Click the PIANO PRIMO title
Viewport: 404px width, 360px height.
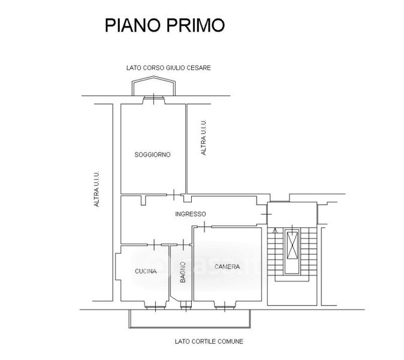click(165, 25)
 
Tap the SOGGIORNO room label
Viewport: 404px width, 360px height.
click(152, 155)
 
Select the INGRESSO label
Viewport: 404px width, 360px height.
click(191, 214)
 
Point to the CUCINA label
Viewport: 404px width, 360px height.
click(146, 271)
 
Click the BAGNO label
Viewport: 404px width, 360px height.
click(183, 272)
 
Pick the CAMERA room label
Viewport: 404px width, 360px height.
click(227, 266)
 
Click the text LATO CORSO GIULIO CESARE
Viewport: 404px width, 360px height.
click(168, 68)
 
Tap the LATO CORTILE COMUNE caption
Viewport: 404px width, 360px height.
click(209, 341)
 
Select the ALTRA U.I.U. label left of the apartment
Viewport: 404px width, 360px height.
click(97, 189)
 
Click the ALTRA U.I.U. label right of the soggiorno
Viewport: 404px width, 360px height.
click(204, 137)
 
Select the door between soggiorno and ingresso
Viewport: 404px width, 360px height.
click(174, 194)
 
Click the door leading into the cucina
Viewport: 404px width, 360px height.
click(154, 244)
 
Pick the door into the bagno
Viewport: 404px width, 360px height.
click(183, 244)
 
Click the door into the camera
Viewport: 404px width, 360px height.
click(204, 227)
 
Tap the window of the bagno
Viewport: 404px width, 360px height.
click(185, 306)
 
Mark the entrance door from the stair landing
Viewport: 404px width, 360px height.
click(266, 214)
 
